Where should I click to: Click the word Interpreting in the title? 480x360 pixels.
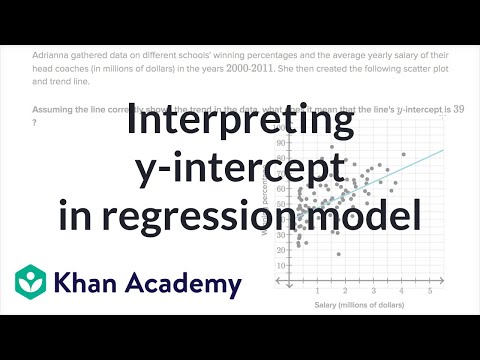[x=239, y=125]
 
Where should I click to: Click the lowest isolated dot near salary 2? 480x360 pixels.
[x=339, y=255]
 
